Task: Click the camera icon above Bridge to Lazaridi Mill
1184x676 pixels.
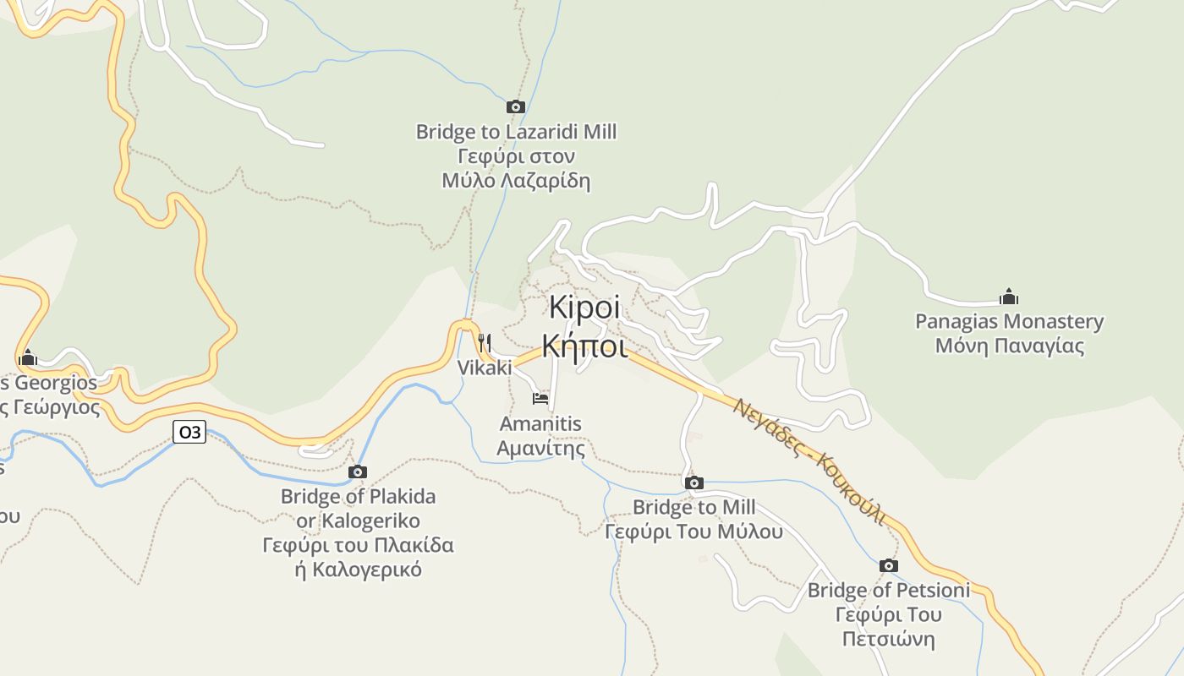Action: (516, 106)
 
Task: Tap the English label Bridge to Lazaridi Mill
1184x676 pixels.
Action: (516, 132)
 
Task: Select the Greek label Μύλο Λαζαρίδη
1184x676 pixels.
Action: (516, 181)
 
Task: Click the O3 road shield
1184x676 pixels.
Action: (189, 432)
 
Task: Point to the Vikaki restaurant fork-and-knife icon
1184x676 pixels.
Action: (485, 342)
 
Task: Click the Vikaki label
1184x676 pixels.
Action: (485, 368)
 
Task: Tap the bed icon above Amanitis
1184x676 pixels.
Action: (540, 398)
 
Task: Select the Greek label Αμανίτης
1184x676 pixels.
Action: (540, 448)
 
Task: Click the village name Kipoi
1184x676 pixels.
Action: (584, 308)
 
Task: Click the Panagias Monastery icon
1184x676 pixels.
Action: (1009, 297)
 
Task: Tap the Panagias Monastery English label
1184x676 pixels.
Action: (1009, 322)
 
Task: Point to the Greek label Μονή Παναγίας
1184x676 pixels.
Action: (1009, 346)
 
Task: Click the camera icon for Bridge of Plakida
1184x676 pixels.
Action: (358, 472)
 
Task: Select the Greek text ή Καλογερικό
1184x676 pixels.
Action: (358, 569)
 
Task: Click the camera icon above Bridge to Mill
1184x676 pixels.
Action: (694, 482)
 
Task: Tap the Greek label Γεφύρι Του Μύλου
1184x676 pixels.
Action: (694, 532)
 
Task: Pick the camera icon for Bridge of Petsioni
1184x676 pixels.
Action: (888, 565)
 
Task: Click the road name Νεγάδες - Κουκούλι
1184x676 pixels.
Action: (809, 461)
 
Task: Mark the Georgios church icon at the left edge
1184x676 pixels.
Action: (28, 357)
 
